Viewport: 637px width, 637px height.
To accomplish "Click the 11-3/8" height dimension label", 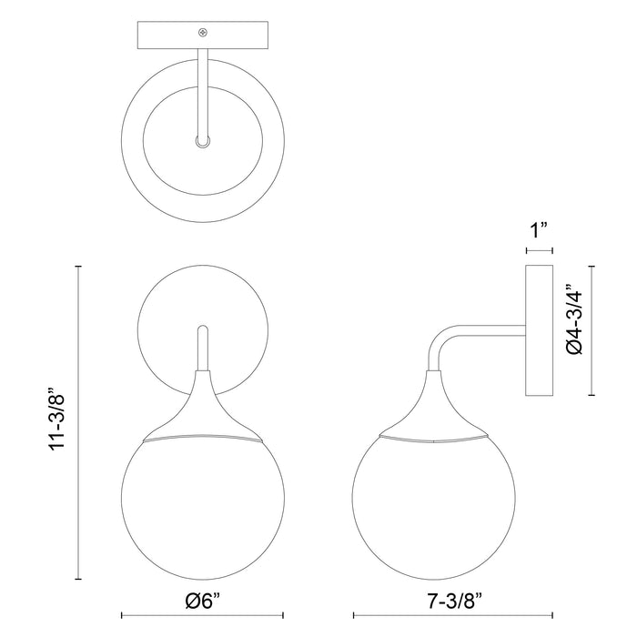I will (x=57, y=420).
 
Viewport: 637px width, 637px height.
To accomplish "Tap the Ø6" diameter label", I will (x=202, y=601).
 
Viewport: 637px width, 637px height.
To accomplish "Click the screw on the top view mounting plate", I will (x=203, y=33).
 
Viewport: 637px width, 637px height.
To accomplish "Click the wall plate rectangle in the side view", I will (x=540, y=330).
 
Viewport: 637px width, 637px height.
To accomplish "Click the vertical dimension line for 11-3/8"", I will (x=80, y=421).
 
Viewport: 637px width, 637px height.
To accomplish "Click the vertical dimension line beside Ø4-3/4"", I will (x=592, y=330).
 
